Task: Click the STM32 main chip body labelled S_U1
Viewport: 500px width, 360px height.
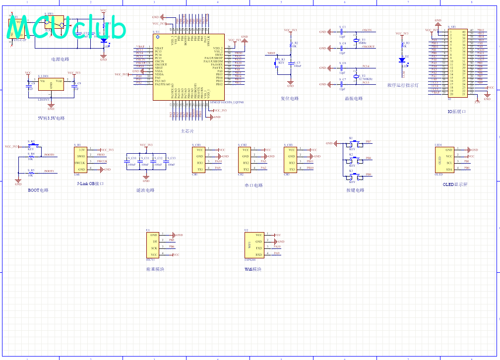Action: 188,67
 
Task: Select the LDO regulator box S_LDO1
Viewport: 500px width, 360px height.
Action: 51,84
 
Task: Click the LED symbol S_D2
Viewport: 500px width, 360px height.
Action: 402,60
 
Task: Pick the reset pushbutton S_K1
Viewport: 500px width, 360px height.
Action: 276,62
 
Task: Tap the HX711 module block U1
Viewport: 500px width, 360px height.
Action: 153,244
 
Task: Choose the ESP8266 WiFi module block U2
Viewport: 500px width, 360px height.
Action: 254,244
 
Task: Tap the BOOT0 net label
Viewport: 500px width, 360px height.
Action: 49,155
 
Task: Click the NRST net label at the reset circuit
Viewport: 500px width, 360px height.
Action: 271,53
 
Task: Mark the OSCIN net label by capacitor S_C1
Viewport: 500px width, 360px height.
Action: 368,31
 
